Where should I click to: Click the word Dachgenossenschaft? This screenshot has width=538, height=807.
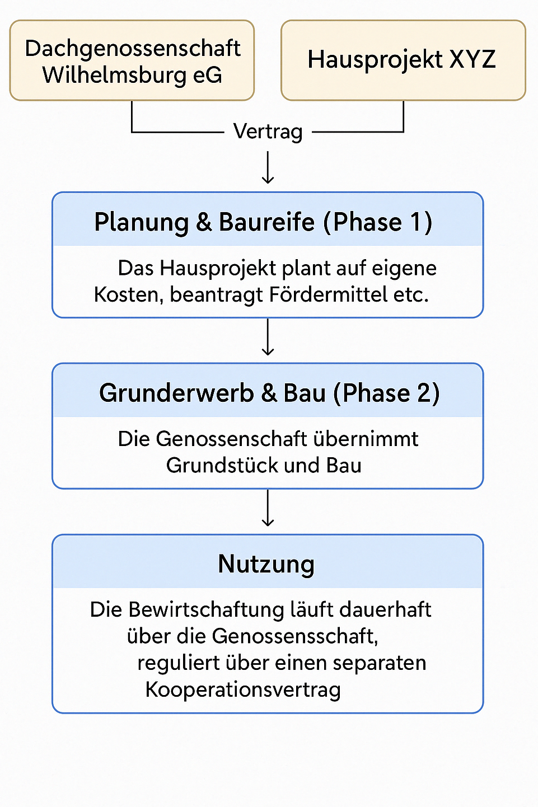click(133, 49)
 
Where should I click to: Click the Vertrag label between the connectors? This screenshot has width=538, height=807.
click(268, 132)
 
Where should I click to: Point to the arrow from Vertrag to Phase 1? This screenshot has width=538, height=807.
click(268, 167)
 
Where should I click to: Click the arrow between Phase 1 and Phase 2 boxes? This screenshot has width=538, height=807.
click(268, 337)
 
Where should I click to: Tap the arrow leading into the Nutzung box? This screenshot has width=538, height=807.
click(268, 508)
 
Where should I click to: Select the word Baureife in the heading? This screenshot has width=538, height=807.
click(266, 222)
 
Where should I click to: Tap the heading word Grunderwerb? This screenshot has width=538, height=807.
click(176, 393)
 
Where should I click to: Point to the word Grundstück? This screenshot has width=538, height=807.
click(222, 466)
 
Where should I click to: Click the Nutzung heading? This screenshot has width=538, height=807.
click(266, 564)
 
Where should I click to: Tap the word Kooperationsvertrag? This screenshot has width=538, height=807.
click(243, 690)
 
